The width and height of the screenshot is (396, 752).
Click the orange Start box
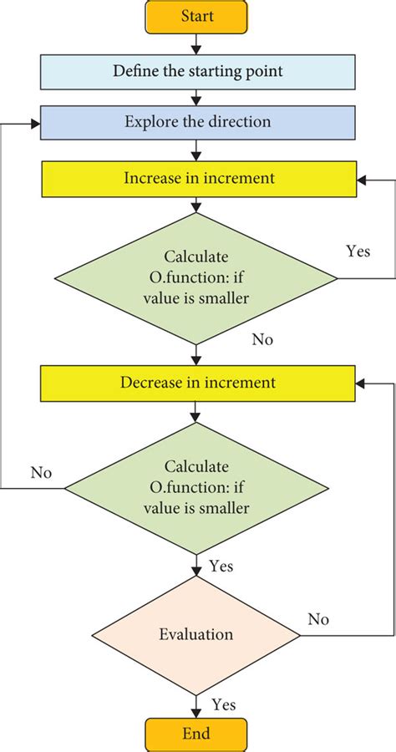(x=197, y=17)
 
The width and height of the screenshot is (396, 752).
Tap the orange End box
(x=197, y=734)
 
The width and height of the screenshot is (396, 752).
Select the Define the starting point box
(x=197, y=71)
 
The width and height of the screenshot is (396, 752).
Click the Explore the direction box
(x=197, y=122)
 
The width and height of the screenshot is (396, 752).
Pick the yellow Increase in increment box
(x=197, y=177)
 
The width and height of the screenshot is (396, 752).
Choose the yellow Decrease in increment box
(x=197, y=384)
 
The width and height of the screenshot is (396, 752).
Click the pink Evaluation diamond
(x=197, y=633)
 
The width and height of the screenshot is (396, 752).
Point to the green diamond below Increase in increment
(x=197, y=277)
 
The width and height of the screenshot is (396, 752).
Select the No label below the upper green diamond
(x=261, y=340)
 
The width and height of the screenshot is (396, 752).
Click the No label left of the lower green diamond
(x=41, y=473)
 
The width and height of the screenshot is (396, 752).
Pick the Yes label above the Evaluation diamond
(x=221, y=567)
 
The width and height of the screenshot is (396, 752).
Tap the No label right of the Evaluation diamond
(x=317, y=619)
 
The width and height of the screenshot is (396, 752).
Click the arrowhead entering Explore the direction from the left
(x=35, y=123)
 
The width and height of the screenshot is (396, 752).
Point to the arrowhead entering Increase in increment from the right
(x=360, y=178)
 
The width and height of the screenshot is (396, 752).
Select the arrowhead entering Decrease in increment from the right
(x=360, y=384)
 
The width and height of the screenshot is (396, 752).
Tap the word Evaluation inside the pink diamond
(x=197, y=633)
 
